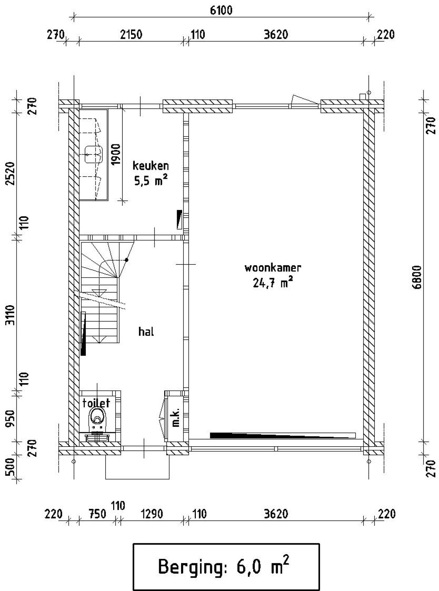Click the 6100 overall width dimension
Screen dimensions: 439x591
[x=221, y=11]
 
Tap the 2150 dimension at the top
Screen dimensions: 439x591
[x=131, y=35]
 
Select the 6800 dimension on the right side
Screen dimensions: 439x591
[x=417, y=277]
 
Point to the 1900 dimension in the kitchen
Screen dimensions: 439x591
[x=116, y=154]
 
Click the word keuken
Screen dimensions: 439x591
[x=151, y=166]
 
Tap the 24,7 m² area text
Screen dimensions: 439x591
[x=273, y=283]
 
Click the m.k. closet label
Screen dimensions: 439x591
[x=176, y=416]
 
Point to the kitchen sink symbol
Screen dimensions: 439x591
[x=94, y=154]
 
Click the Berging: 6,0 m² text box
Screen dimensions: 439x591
[x=226, y=567]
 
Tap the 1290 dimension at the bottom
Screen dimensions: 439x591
[x=151, y=514]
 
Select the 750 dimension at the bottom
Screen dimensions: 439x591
[x=97, y=514]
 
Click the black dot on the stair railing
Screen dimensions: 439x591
[x=127, y=260]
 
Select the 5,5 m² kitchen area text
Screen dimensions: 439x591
[x=151, y=181]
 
